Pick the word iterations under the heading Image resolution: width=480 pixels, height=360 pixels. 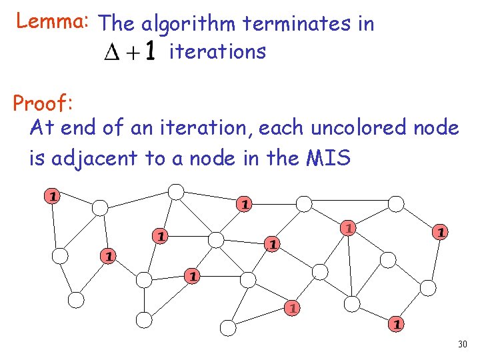[x=218, y=51]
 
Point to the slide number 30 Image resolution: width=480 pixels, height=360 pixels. [x=462, y=344]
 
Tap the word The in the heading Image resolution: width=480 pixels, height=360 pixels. [x=118, y=24]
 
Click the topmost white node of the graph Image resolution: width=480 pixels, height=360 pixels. [x=175, y=192]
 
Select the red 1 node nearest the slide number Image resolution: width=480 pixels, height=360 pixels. [x=396, y=324]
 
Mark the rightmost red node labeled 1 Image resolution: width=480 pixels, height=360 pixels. [x=439, y=232]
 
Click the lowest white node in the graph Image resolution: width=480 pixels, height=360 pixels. [x=228, y=327]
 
